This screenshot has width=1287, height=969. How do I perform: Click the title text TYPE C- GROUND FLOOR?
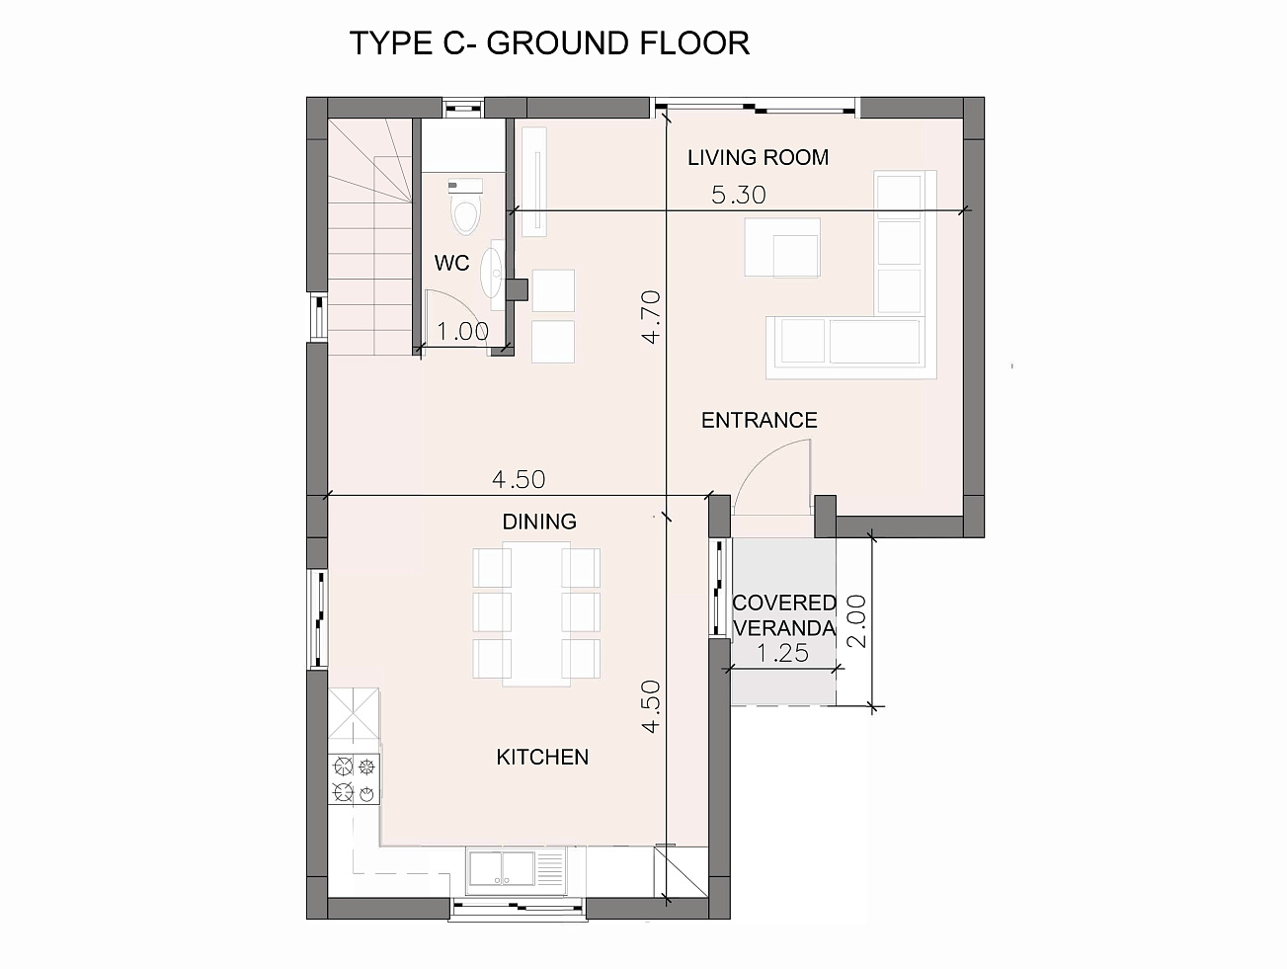[549, 43]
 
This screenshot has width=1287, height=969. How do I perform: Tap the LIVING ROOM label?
[758, 158]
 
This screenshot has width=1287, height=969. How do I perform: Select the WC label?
[451, 263]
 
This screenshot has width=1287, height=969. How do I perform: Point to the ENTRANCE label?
[759, 421]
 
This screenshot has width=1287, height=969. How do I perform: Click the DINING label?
[539, 522]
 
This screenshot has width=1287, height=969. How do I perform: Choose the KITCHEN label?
[542, 758]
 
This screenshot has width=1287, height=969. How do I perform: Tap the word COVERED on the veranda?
[784, 603]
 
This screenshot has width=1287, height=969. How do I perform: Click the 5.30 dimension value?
[738, 196]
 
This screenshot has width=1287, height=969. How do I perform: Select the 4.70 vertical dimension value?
[652, 317]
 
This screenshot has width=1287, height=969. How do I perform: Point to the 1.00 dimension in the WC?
[462, 332]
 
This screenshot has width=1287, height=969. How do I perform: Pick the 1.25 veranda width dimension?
[782, 653]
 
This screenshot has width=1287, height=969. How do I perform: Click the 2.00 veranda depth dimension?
[856, 621]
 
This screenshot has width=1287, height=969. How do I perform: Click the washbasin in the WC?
[491, 273]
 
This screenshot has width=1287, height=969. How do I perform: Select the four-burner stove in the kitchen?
[354, 778]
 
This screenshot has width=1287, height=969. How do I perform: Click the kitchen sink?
[518, 870]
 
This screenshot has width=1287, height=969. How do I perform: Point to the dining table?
[536, 613]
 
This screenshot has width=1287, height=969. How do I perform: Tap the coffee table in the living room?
[782, 247]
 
